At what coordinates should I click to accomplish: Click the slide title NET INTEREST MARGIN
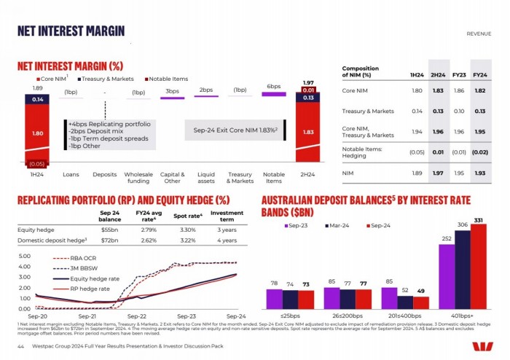pyautogui.click(x=71, y=30)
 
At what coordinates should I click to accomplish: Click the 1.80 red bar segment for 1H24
pyautogui.click(x=36, y=133)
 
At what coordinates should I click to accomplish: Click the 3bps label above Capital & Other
pyautogui.click(x=172, y=91)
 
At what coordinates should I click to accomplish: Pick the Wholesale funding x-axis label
pyautogui.click(x=138, y=179)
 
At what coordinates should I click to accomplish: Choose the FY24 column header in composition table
pyautogui.click(x=479, y=75)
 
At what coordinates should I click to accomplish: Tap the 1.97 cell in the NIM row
pyautogui.click(x=438, y=173)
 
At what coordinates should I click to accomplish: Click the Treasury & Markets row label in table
pyautogui.click(x=369, y=111)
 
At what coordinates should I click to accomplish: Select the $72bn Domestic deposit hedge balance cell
pyautogui.click(x=109, y=239)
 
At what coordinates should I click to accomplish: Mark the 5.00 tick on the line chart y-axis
pyautogui.click(x=23, y=257)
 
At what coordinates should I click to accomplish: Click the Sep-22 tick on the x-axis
pyautogui.click(x=137, y=317)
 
